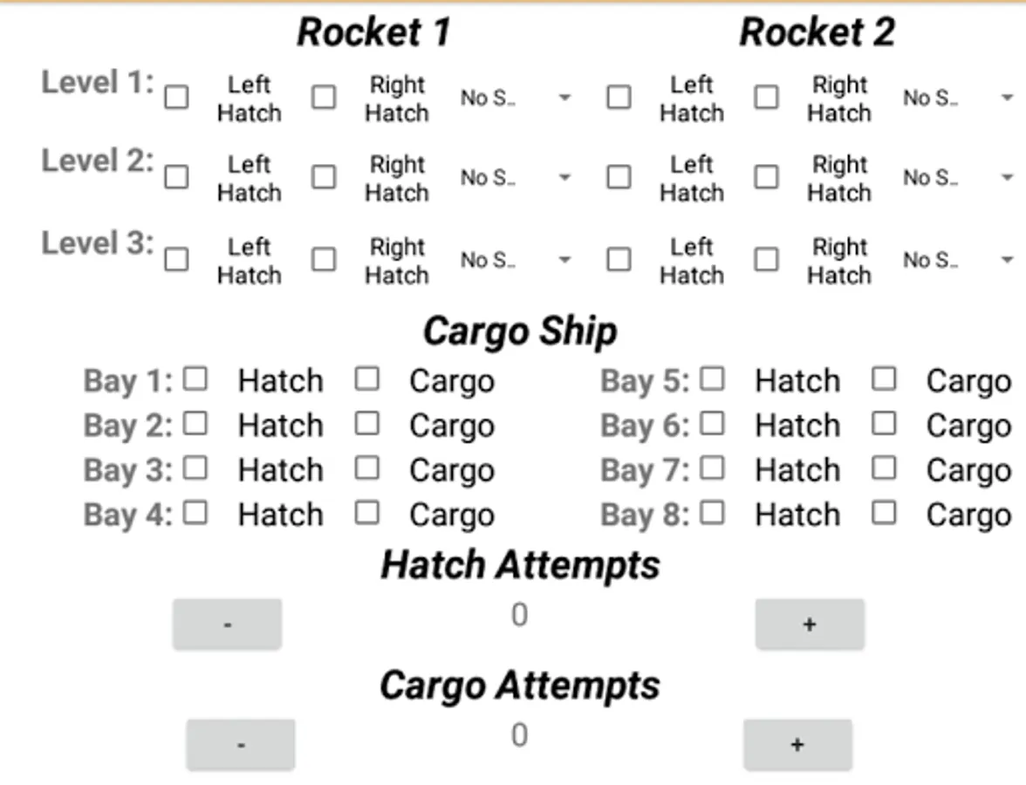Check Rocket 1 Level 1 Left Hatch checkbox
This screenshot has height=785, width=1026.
pos(176,97)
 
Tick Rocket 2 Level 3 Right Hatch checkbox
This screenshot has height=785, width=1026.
pos(766,259)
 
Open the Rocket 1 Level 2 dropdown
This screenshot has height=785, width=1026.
pos(515,178)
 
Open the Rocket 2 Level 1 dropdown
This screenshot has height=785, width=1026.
pos(957,98)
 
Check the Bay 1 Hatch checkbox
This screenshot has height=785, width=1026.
pos(195,379)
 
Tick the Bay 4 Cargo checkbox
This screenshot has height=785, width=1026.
pos(367,512)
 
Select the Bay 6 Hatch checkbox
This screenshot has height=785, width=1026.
pos(712,423)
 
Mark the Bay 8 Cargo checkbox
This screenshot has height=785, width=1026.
pos(884,512)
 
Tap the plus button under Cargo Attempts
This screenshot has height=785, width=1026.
pos(797,744)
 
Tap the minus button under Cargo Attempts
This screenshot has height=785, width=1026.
pos(241,744)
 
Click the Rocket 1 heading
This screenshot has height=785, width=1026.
pos(373,32)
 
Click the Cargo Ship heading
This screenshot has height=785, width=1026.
pos(520,331)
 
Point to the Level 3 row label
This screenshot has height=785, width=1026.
pos(97,243)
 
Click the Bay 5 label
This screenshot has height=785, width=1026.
pos(645,381)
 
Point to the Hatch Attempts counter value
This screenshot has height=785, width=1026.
pos(519,616)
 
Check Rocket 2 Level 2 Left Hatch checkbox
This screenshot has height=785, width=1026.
pos(619,177)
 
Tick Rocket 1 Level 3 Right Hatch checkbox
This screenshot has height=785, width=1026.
pos(324,259)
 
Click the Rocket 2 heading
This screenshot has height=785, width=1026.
pos(817,32)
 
